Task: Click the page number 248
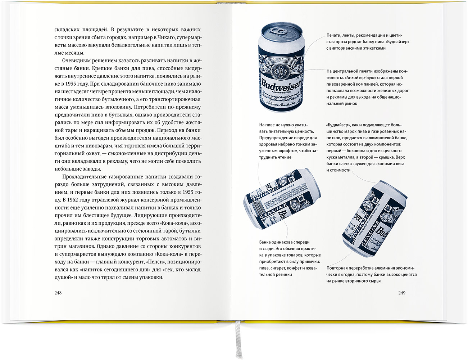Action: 58,293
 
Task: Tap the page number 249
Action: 402,293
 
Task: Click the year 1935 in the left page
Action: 71,84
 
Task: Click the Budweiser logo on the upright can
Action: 281,85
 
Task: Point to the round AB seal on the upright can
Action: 281,71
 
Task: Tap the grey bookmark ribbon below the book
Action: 238,341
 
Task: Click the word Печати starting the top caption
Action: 333,35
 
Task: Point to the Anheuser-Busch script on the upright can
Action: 281,105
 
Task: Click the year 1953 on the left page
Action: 188,192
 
